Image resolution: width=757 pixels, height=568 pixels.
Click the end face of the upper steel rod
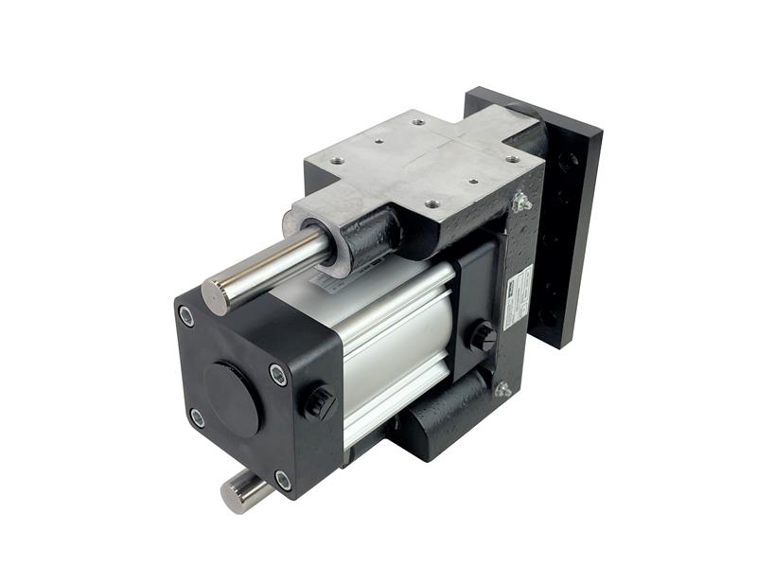pyautogui.click(x=216, y=295)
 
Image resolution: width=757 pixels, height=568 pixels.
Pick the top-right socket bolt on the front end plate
pyautogui.click(x=277, y=375)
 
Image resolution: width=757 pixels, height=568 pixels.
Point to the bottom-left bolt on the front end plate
pyautogui.click(x=197, y=417)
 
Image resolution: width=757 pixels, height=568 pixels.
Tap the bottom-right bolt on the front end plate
pyautogui.click(x=283, y=480)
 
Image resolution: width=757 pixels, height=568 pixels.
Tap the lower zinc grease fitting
pyautogui.click(x=502, y=388)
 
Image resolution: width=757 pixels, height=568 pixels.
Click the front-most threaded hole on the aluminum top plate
pyautogui.click(x=433, y=202)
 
